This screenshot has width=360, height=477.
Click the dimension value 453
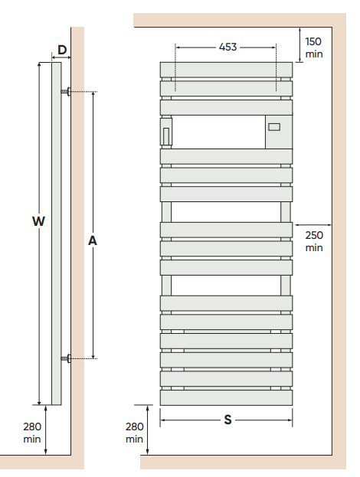[x=227, y=47]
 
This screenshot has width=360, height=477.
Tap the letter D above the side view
[x=62, y=50]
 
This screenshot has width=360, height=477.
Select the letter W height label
[x=38, y=221]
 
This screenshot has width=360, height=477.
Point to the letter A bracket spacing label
[x=92, y=240]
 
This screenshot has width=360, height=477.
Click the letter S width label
[x=227, y=420]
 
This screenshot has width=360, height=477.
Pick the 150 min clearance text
[x=314, y=47]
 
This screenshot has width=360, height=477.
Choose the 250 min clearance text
[x=314, y=241]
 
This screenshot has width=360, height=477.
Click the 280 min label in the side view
[x=32, y=433]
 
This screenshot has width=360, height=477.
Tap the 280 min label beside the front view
[x=134, y=433]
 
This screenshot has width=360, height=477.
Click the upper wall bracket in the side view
[x=66, y=91]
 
